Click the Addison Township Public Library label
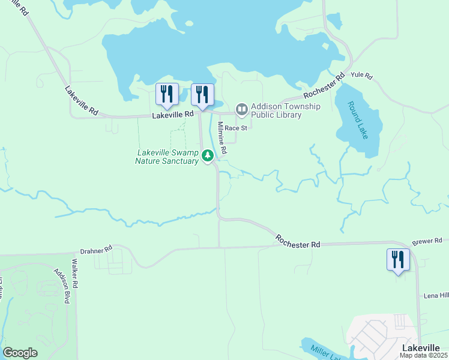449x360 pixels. point(285,110)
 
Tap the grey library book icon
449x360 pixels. point(241,109)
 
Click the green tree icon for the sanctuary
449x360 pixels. point(208,156)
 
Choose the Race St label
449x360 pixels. point(236,128)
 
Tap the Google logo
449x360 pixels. point(20,353)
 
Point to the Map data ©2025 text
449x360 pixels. point(424,355)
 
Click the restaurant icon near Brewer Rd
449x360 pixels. point(398,260)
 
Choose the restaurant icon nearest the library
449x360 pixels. point(202,94)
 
